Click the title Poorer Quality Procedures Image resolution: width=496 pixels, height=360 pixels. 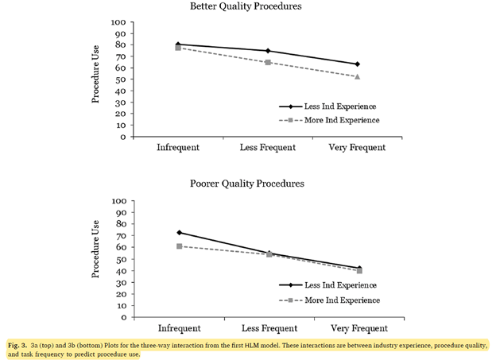[x=246, y=184]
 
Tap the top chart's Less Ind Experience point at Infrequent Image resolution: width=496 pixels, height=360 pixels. [x=178, y=45]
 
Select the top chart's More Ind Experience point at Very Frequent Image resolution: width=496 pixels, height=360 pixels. [x=358, y=76]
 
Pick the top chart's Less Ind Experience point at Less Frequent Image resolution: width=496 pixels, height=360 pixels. [x=268, y=51]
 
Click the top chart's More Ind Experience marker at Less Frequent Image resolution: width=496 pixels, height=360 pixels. [x=268, y=62]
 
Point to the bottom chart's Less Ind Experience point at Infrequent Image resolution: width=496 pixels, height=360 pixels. [x=179, y=233]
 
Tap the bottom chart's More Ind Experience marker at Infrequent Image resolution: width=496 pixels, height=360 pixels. [x=179, y=246]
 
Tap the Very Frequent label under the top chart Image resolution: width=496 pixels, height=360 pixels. [x=358, y=148]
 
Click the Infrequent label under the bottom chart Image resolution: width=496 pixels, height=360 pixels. [x=178, y=327]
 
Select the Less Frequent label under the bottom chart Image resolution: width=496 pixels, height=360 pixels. [x=268, y=327]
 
